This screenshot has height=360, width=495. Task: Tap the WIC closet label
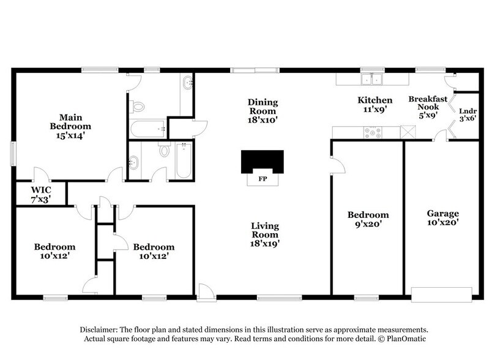point(40,195)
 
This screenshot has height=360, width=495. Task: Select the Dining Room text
point(262,111)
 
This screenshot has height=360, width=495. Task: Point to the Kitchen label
point(374,104)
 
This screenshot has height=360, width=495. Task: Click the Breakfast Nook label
point(428,107)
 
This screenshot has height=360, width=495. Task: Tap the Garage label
point(442,218)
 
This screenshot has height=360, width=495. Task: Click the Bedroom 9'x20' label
point(368,219)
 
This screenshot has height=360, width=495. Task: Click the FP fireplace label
point(262,179)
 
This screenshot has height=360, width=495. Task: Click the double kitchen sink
point(371,79)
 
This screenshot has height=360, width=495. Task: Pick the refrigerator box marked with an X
point(408,132)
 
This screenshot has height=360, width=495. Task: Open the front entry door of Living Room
point(206,291)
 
